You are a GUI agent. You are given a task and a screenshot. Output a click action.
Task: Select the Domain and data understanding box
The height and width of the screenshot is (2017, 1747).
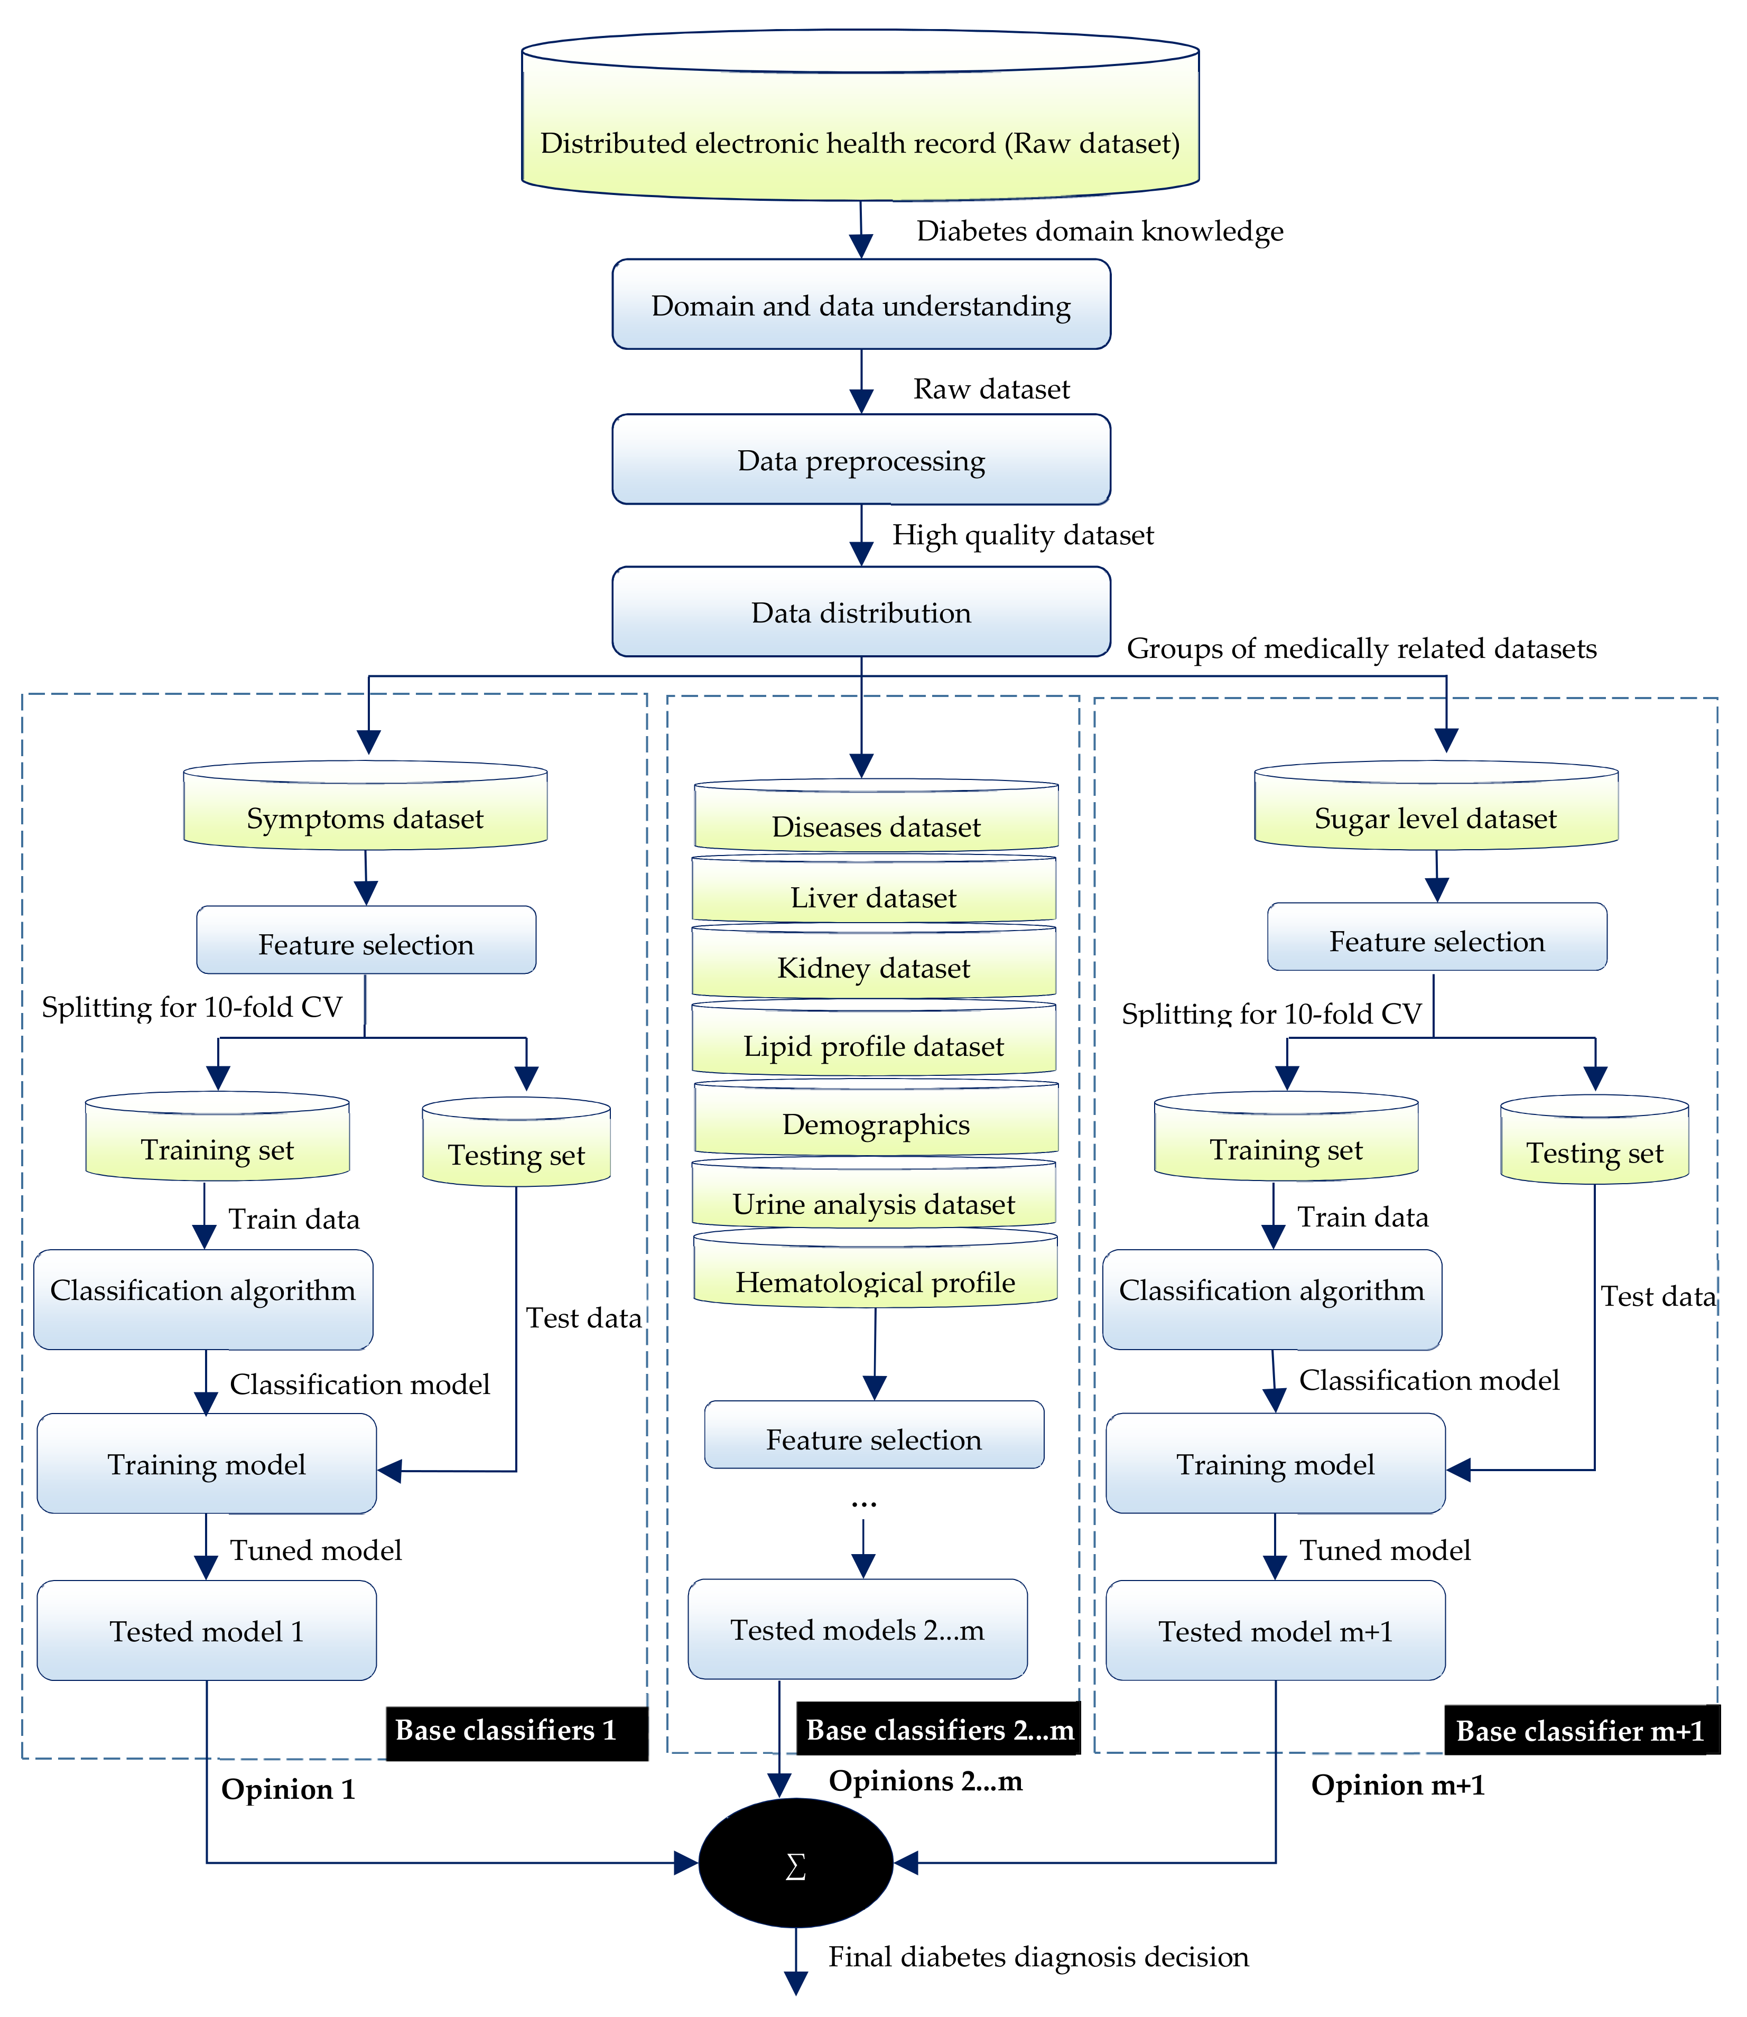(x=861, y=305)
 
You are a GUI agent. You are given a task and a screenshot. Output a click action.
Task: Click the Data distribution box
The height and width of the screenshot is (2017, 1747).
(x=861, y=612)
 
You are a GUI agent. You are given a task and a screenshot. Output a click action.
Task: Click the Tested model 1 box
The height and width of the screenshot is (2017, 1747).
(x=207, y=1630)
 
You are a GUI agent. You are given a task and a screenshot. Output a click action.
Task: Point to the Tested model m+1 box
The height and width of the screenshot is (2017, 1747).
(x=1275, y=1630)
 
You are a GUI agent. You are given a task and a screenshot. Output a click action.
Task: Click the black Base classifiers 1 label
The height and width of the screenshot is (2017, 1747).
(x=517, y=1731)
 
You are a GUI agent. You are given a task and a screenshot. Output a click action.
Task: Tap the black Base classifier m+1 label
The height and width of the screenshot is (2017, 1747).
(x=1581, y=1731)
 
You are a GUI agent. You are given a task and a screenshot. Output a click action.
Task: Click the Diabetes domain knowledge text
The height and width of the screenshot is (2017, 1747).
(x=1100, y=231)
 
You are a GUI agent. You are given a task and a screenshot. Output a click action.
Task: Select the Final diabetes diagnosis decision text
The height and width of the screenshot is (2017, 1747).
(x=1038, y=1957)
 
